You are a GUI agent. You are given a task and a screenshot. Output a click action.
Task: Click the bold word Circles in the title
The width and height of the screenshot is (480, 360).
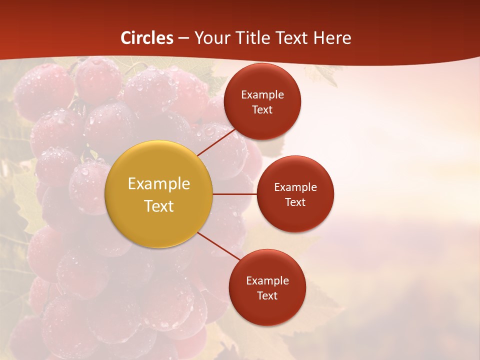[147, 38]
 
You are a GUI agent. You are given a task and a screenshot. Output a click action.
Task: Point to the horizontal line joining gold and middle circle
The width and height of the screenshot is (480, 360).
[235, 194]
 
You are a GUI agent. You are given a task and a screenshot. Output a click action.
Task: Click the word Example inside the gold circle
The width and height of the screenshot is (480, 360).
[159, 184]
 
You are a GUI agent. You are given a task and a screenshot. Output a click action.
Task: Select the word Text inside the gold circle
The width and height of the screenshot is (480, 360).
[159, 206]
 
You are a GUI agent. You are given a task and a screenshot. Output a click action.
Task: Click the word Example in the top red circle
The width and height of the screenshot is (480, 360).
[262, 95]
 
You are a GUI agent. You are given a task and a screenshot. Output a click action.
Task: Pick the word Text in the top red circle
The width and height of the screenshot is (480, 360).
[262, 110]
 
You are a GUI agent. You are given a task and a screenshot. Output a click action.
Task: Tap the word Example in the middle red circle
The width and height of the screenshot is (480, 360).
[295, 187]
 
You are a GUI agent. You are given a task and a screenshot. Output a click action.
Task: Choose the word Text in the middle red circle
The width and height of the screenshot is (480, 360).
[295, 202]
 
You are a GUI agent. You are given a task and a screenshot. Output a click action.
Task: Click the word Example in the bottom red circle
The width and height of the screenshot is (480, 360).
[267, 281]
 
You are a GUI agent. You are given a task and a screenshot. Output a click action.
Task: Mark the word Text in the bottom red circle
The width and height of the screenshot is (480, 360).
[267, 296]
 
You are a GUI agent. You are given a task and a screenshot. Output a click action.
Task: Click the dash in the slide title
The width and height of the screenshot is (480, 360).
[183, 38]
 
